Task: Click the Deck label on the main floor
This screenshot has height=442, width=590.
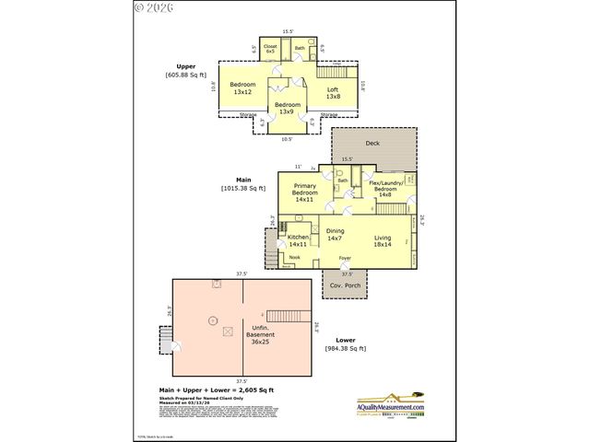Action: (x=372, y=144)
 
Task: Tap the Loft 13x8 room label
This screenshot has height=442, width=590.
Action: (x=333, y=92)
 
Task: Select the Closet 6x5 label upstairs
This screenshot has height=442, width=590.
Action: (x=271, y=48)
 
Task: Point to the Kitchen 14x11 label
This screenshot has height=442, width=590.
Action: (x=298, y=240)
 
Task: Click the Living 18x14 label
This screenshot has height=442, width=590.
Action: (x=383, y=240)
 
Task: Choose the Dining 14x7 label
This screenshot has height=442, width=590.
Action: (x=335, y=235)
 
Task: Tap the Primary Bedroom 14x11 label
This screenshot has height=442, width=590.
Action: (x=305, y=192)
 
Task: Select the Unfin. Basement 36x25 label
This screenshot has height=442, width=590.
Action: (x=262, y=333)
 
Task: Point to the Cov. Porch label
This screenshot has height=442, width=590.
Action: (x=347, y=286)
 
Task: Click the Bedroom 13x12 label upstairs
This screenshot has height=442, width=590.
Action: (x=242, y=88)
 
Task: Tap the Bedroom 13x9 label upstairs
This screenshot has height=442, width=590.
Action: (x=287, y=108)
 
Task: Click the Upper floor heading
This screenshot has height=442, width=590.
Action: (x=185, y=66)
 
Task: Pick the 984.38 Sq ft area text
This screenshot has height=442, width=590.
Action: (x=346, y=348)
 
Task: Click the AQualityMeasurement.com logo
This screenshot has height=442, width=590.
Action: (x=391, y=407)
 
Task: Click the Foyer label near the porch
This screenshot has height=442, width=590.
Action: (x=345, y=258)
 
